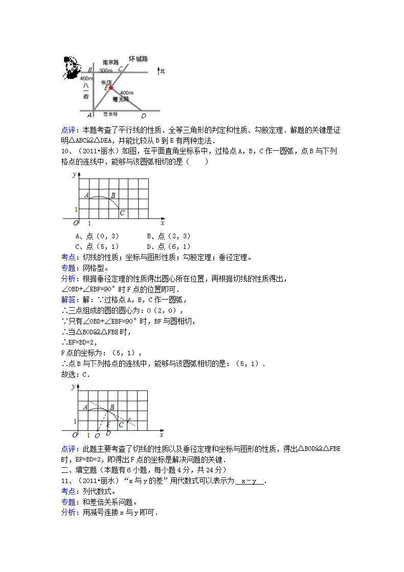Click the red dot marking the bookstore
(x=110, y=88)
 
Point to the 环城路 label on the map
(x=138, y=59)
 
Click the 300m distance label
(x=106, y=70)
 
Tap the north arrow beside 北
(x=159, y=72)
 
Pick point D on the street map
(x=143, y=115)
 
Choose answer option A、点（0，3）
(x=97, y=236)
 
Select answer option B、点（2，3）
(x=168, y=236)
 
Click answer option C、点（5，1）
(x=97, y=246)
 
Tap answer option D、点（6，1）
(x=168, y=246)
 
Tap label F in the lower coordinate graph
(x=129, y=421)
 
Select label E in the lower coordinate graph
(x=108, y=424)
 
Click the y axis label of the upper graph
(x=75, y=174)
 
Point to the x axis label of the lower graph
(x=161, y=435)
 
